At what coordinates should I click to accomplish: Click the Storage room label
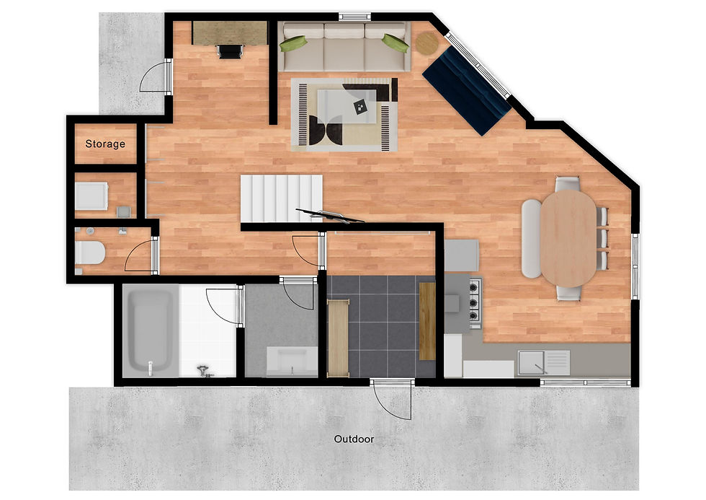(x=105, y=144)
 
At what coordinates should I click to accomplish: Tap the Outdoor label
(x=354, y=439)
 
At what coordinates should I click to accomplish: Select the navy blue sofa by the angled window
(x=467, y=91)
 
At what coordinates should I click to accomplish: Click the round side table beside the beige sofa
(x=426, y=44)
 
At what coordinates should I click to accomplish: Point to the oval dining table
(x=568, y=238)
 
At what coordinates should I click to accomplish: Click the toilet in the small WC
(x=89, y=253)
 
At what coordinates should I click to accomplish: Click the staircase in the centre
(x=282, y=198)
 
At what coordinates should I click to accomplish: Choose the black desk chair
(x=230, y=51)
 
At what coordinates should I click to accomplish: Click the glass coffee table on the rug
(x=347, y=106)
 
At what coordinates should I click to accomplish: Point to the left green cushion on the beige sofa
(x=293, y=44)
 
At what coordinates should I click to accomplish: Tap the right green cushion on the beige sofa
(x=396, y=43)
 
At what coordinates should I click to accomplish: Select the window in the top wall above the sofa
(x=354, y=17)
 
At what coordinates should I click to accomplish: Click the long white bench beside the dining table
(x=532, y=239)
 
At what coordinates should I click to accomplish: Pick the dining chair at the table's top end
(x=568, y=183)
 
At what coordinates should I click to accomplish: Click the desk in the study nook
(x=230, y=33)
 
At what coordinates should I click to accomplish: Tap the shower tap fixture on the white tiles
(x=205, y=372)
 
